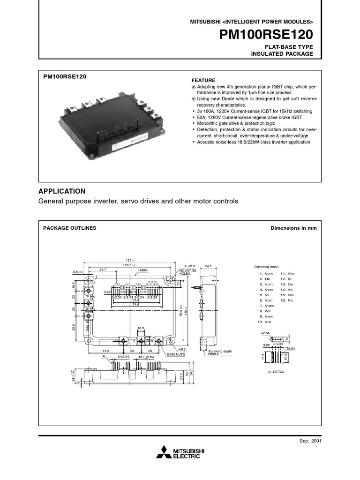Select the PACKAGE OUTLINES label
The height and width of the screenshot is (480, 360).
(70, 228)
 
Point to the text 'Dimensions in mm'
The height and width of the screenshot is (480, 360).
(294, 228)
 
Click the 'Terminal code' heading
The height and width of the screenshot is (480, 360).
(266, 267)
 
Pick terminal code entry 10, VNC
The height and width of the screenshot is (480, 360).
(264, 322)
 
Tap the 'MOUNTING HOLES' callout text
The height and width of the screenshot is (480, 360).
(188, 272)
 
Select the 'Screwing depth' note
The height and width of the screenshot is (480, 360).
(220, 351)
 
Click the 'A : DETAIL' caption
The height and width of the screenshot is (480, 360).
(274, 371)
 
